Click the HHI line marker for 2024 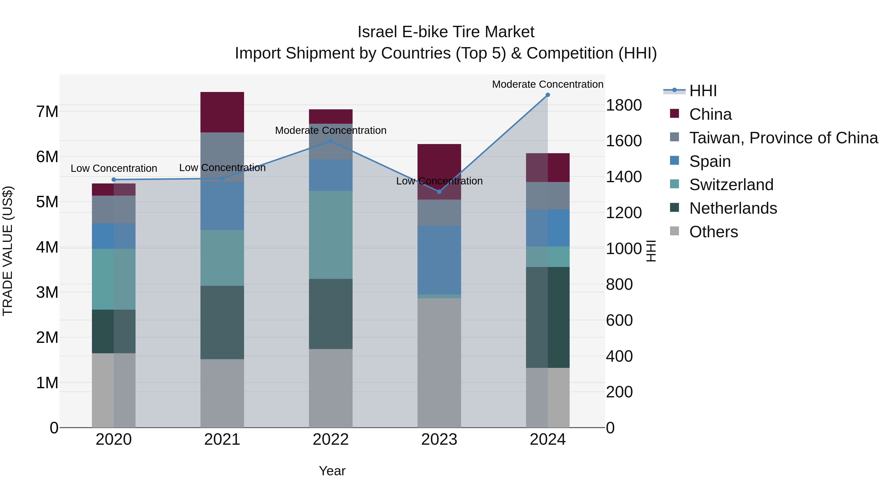547,95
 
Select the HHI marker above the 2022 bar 331,141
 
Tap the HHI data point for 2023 439,192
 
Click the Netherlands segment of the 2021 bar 222,322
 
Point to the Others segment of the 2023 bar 439,362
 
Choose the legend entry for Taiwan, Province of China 783,138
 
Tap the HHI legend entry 703,91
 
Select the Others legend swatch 674,231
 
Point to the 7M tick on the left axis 47,112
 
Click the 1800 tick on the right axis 624,105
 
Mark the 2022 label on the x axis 331,440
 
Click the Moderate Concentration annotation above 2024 547,84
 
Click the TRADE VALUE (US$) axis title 8,251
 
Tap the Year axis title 332,471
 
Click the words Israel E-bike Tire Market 446,32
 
